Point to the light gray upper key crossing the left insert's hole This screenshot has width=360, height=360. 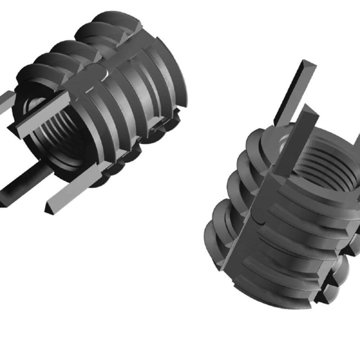pyautogui.click(x=43, y=112)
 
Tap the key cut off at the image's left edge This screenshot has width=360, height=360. pyautogui.click(x=5, y=103)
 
